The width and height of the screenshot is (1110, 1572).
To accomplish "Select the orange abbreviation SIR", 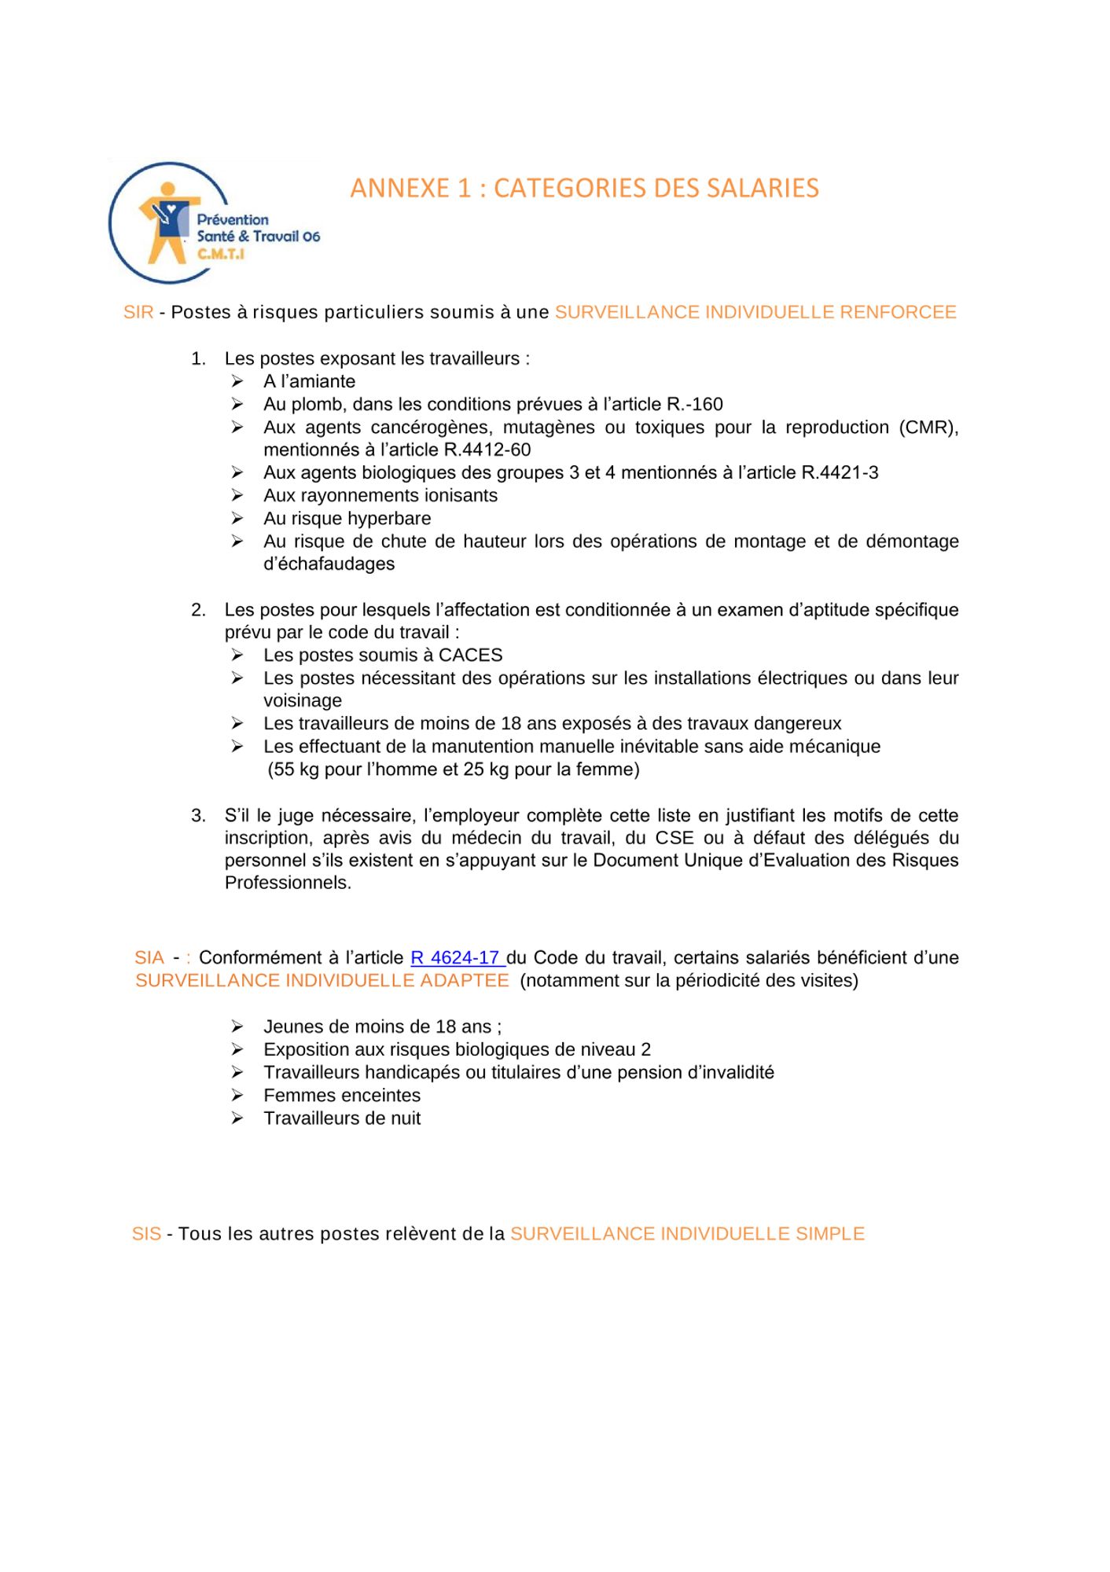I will [x=138, y=313].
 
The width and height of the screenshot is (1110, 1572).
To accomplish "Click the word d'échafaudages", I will [x=329, y=564].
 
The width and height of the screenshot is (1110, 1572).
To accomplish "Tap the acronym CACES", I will [x=470, y=656].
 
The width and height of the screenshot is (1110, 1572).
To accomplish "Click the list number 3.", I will [x=198, y=816].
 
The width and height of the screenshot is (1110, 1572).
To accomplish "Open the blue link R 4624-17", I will [x=456, y=958].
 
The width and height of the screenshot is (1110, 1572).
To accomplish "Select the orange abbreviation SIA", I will [x=149, y=958].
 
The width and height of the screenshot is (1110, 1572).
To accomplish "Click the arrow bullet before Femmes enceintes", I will [x=237, y=1095].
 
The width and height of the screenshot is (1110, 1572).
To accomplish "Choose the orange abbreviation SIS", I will [x=146, y=1234].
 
